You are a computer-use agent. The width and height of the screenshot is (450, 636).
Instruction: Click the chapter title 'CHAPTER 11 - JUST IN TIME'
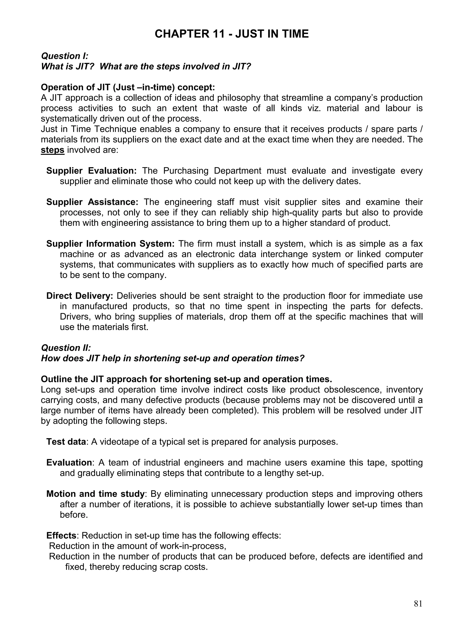(x=231, y=34)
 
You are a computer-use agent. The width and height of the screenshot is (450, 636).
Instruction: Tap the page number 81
(x=418, y=603)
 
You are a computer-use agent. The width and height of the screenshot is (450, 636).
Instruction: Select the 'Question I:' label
(x=65, y=56)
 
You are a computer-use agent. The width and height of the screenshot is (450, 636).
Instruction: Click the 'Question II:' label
(x=66, y=348)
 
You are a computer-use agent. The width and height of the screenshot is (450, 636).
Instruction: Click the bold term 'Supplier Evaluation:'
(x=91, y=171)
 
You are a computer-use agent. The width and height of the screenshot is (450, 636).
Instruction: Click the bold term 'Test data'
(x=66, y=442)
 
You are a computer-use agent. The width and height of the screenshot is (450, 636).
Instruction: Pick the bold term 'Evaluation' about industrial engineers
(x=69, y=463)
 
